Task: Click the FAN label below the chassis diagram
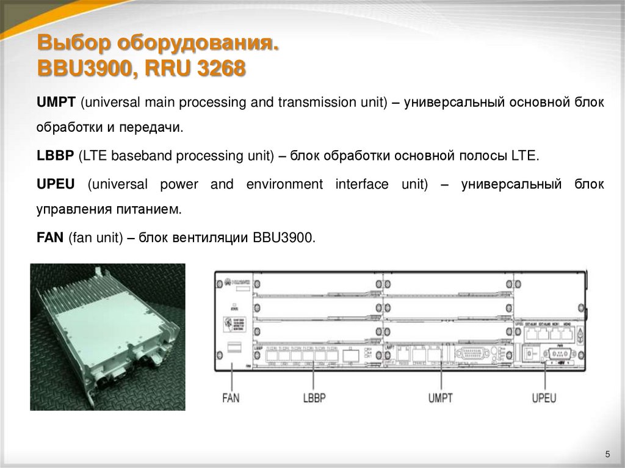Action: click(231, 398)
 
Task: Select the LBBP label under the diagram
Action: click(314, 398)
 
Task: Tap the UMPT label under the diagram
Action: click(440, 398)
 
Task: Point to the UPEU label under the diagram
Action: click(543, 398)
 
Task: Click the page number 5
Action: click(607, 453)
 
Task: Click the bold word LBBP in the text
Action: click(54, 156)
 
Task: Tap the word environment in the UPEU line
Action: click(284, 184)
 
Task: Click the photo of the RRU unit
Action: click(107, 336)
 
